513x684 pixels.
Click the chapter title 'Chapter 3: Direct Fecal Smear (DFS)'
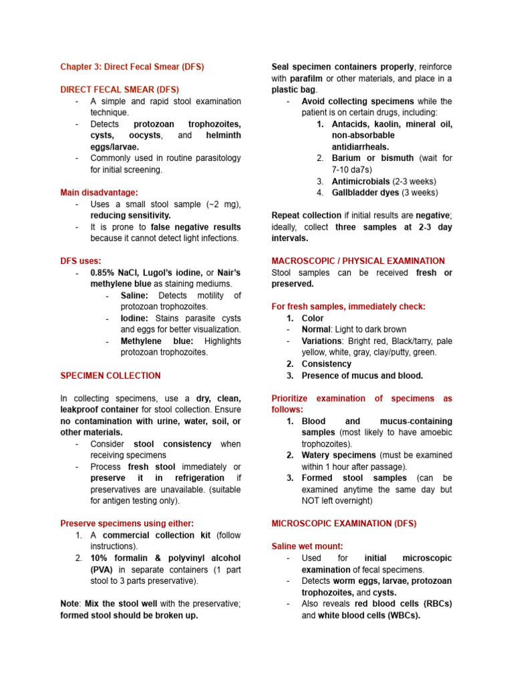point(132,67)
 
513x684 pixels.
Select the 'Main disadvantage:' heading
point(100,192)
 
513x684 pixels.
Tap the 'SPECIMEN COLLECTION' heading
point(110,375)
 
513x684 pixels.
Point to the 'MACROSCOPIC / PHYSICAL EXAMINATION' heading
point(358,261)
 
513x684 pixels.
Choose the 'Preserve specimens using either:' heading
point(127,523)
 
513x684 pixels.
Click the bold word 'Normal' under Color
point(316,329)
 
